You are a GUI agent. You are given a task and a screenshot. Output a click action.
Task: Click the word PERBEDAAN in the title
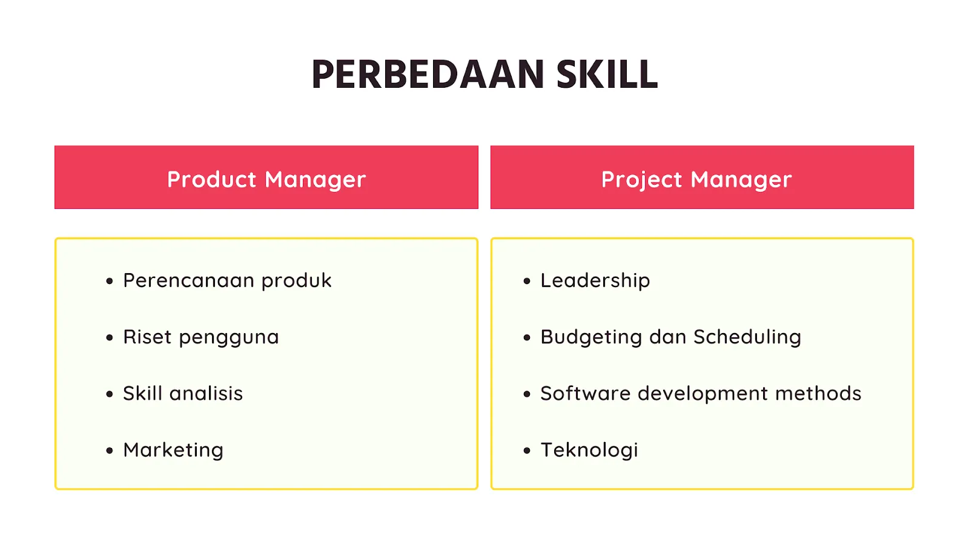(428, 74)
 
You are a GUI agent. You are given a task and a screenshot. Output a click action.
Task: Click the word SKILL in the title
(606, 74)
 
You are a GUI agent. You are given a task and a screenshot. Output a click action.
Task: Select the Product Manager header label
(266, 179)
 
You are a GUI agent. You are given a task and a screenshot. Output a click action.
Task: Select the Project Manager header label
(696, 179)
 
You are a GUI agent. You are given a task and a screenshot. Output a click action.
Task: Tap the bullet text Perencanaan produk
(227, 281)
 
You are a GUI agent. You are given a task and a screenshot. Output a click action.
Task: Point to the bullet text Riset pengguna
(200, 337)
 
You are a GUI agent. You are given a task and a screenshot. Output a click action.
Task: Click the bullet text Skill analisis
(183, 394)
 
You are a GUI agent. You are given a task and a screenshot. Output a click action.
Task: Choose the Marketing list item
(173, 450)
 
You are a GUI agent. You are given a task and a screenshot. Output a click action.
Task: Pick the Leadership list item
(595, 281)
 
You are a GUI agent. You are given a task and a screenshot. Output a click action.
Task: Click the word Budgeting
(590, 337)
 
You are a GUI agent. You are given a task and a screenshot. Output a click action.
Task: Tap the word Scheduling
(747, 337)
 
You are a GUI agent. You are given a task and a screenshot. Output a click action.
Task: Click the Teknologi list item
(589, 450)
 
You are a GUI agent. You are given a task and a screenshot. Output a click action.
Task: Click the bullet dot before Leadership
(527, 281)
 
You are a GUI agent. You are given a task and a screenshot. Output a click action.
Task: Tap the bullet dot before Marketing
(110, 451)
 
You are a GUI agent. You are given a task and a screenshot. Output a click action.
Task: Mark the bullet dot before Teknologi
(527, 451)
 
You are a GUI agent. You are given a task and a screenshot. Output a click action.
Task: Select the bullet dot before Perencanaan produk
(110, 281)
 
